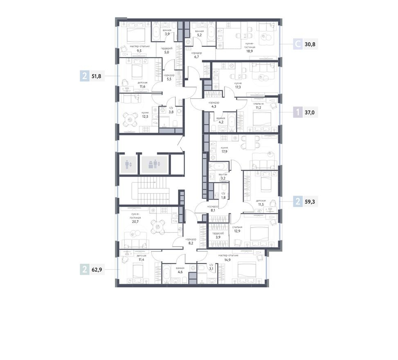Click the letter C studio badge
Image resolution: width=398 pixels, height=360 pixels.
pyautogui.click(x=298, y=43)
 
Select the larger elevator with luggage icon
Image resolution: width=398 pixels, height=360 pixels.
pyautogui.click(x=154, y=164)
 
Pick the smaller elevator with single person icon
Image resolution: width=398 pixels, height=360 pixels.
pyautogui.click(x=128, y=164)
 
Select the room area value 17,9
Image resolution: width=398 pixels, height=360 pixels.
pyautogui.click(x=224, y=151)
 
